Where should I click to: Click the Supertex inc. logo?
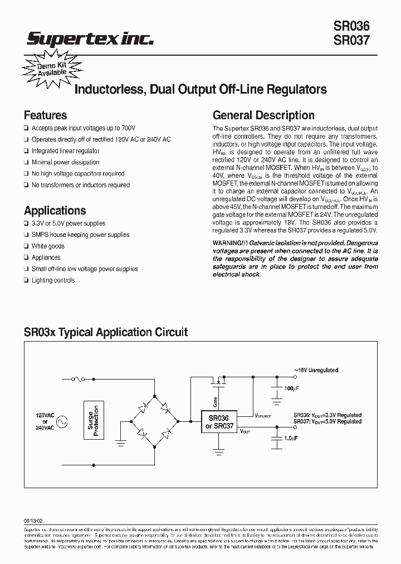coord(90,38)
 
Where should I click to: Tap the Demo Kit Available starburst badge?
coord(52,69)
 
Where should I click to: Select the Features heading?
coord(45,115)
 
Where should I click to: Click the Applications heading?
coord(55,211)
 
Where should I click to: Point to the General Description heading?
coord(263,115)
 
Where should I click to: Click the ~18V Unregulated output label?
coord(316,370)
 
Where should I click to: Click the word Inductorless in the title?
coord(108,89)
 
